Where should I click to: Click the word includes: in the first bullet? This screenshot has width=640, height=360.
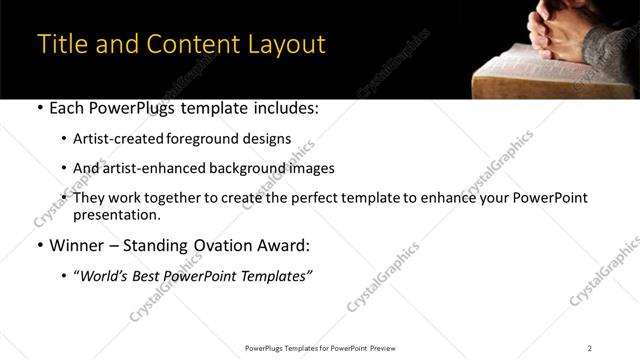[x=284, y=109]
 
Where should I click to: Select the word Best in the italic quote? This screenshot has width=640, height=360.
[x=152, y=274]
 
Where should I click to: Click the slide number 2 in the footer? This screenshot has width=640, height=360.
[x=589, y=347]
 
